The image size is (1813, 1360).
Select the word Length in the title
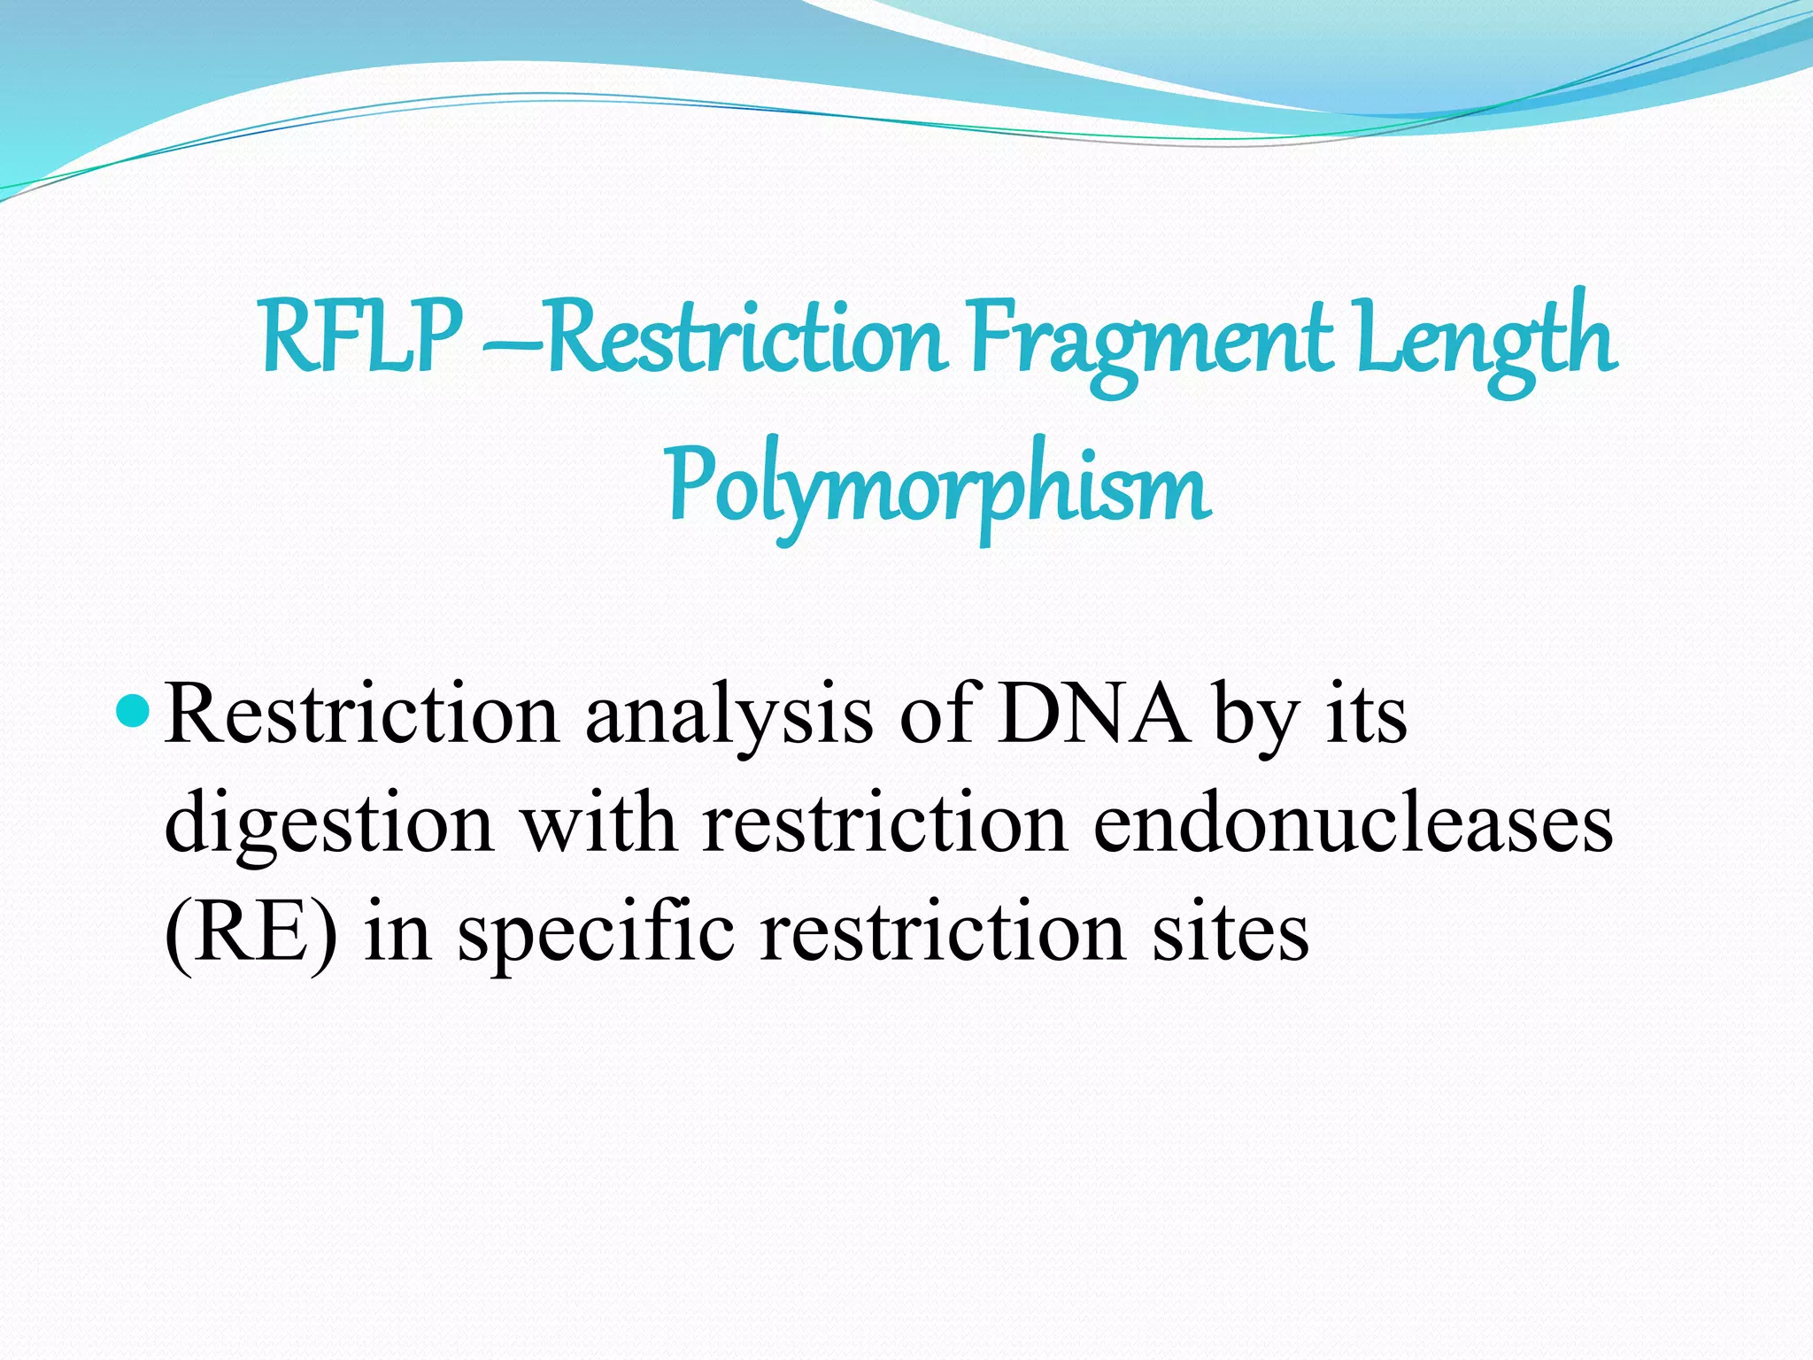coord(1486,341)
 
